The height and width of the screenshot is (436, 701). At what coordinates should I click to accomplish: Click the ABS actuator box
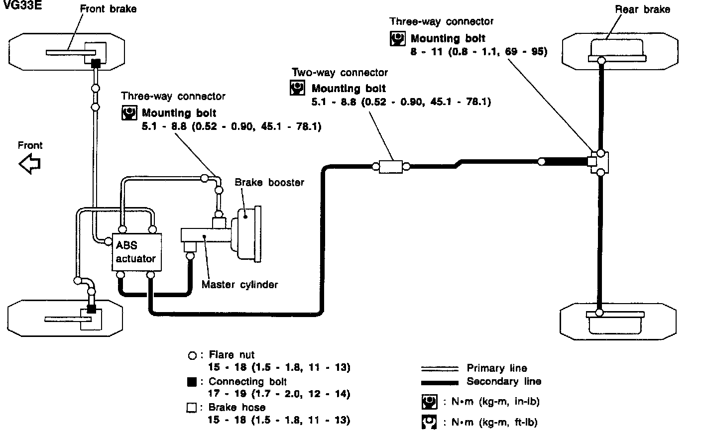pos(137,252)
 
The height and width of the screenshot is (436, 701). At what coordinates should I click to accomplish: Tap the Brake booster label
pos(269,182)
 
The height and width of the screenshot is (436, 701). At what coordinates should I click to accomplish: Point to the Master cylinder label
pos(239,284)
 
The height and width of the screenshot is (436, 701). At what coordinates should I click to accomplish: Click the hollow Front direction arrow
pos(30,164)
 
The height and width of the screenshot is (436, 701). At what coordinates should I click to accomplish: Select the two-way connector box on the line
pos(390,167)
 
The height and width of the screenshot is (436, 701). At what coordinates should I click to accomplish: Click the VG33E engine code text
pos(22,5)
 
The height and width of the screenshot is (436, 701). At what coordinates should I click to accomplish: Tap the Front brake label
pos(108,9)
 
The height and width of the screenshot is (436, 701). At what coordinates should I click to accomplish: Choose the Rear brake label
pos(642,9)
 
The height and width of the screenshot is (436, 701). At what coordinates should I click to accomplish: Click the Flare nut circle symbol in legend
pos(192,355)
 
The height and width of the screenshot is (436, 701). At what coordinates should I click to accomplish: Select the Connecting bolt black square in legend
pos(192,382)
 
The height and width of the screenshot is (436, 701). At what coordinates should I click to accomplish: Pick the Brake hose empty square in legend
pos(192,408)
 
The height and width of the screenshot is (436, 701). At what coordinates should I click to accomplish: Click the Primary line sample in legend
pos(440,369)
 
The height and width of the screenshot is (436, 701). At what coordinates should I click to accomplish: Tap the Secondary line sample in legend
pos(440,383)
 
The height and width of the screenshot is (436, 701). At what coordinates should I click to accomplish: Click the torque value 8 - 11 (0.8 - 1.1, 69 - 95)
pos(479,51)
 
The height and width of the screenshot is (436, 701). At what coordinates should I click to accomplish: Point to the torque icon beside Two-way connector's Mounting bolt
pos(297,88)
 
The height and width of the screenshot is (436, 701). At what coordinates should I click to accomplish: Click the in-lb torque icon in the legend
pos(429,402)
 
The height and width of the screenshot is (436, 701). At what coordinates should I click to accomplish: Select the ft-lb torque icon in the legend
pos(429,422)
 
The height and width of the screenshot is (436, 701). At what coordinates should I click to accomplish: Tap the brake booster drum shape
pos(247,234)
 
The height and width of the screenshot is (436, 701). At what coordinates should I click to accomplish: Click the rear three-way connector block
pos(599,162)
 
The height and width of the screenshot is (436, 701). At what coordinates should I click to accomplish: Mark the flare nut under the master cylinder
pos(190,256)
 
